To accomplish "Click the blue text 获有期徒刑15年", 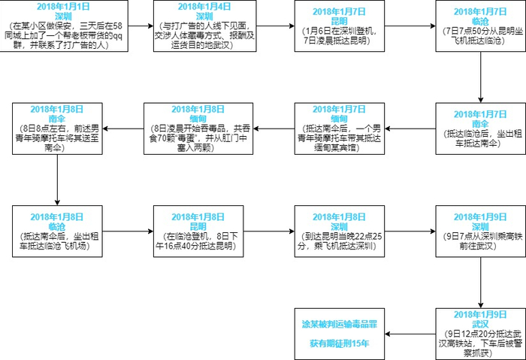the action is tap(339, 343).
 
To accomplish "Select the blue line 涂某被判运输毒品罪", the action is tap(339, 324).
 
